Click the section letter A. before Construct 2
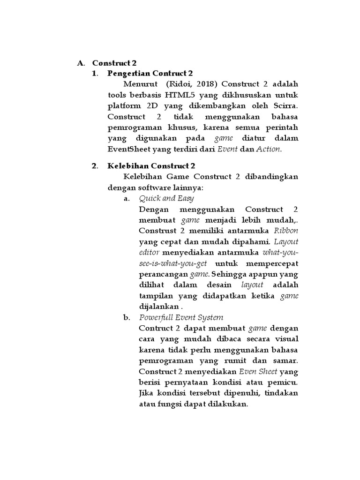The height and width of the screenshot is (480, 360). tap(81, 62)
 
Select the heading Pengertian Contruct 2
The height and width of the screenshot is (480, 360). tap(150, 73)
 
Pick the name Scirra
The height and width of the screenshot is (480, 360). tap(285, 106)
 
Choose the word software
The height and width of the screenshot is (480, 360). tap(153, 187)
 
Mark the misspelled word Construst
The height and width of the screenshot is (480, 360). tap(158, 231)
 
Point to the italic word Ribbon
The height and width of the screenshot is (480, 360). tap(286, 231)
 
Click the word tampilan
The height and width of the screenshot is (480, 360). tap(155, 295)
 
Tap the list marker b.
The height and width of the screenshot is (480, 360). tap(127, 317)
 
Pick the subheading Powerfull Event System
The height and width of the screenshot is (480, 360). tap(181, 317)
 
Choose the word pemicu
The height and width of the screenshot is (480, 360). tap(285, 382)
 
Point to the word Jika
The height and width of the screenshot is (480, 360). tap(147, 393)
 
